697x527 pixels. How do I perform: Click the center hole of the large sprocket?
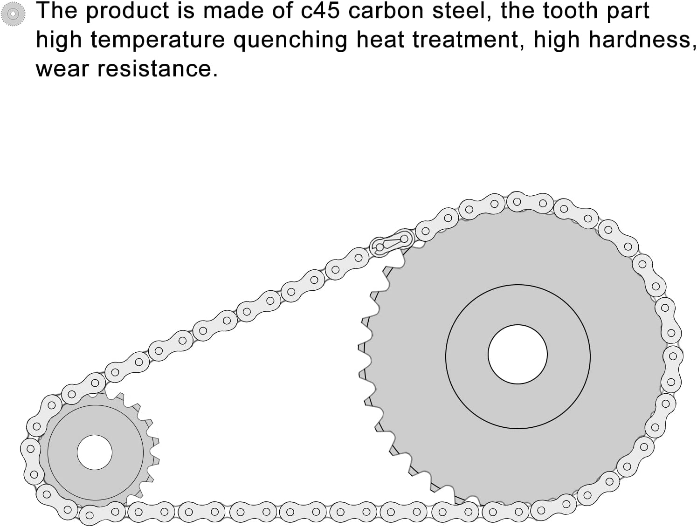pyautogui.click(x=518, y=354)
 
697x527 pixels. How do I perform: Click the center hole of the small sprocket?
pyautogui.click(x=95, y=452)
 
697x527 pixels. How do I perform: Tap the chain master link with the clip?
pyautogui.click(x=392, y=243)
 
